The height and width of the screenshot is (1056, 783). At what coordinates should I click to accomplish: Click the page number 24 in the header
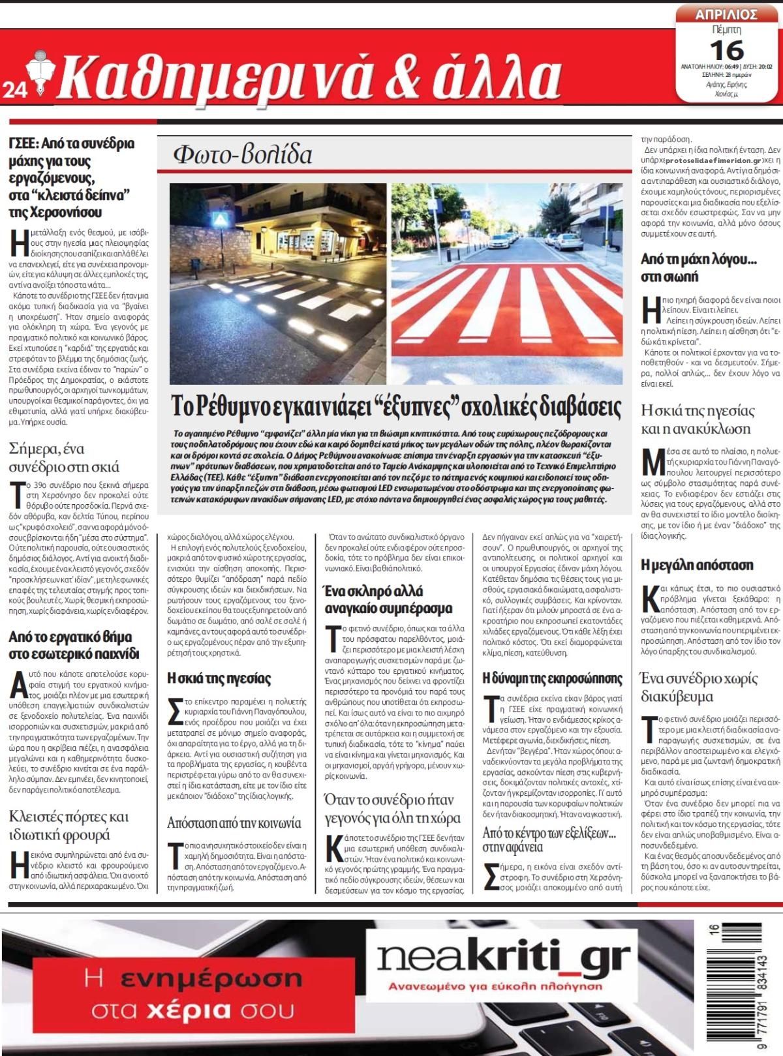(x=13, y=93)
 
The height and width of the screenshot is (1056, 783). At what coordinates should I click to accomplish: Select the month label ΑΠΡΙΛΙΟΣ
(x=726, y=14)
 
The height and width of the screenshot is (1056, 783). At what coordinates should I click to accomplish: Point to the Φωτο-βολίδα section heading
(x=243, y=155)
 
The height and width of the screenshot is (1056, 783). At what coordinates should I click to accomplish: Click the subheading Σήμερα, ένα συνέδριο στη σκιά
(x=64, y=457)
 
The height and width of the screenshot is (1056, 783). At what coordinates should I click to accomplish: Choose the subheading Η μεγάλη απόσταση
(x=697, y=564)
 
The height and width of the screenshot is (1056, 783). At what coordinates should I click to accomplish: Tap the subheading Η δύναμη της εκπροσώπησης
(x=552, y=678)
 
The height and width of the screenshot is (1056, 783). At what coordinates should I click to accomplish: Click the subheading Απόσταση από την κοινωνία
(x=234, y=822)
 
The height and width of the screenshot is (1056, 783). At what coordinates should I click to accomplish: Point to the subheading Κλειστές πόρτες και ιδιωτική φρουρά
(x=69, y=826)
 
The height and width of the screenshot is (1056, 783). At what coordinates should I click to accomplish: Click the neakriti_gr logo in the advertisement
(x=503, y=958)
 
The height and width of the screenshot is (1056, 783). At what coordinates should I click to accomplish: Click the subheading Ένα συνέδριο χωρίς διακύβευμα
(x=699, y=687)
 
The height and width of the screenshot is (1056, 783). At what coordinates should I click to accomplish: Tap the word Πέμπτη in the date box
(x=726, y=30)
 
